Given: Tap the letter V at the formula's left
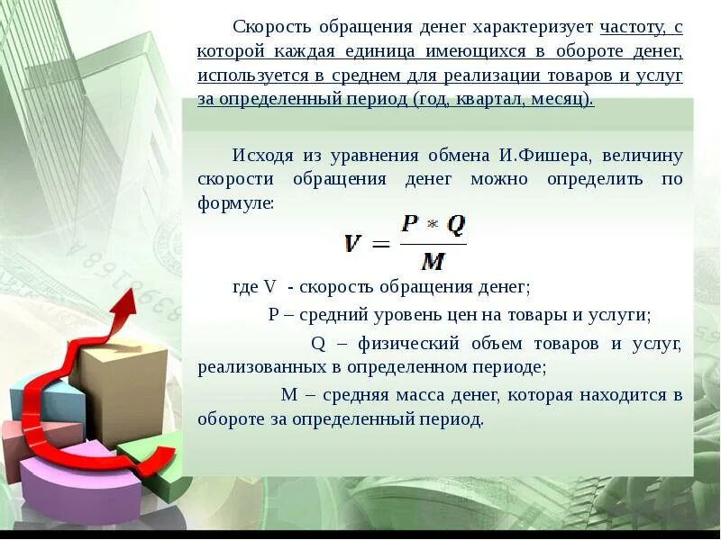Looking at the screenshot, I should [353, 243].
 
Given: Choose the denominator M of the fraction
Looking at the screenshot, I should [433, 262].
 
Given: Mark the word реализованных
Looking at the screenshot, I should [253, 367].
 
